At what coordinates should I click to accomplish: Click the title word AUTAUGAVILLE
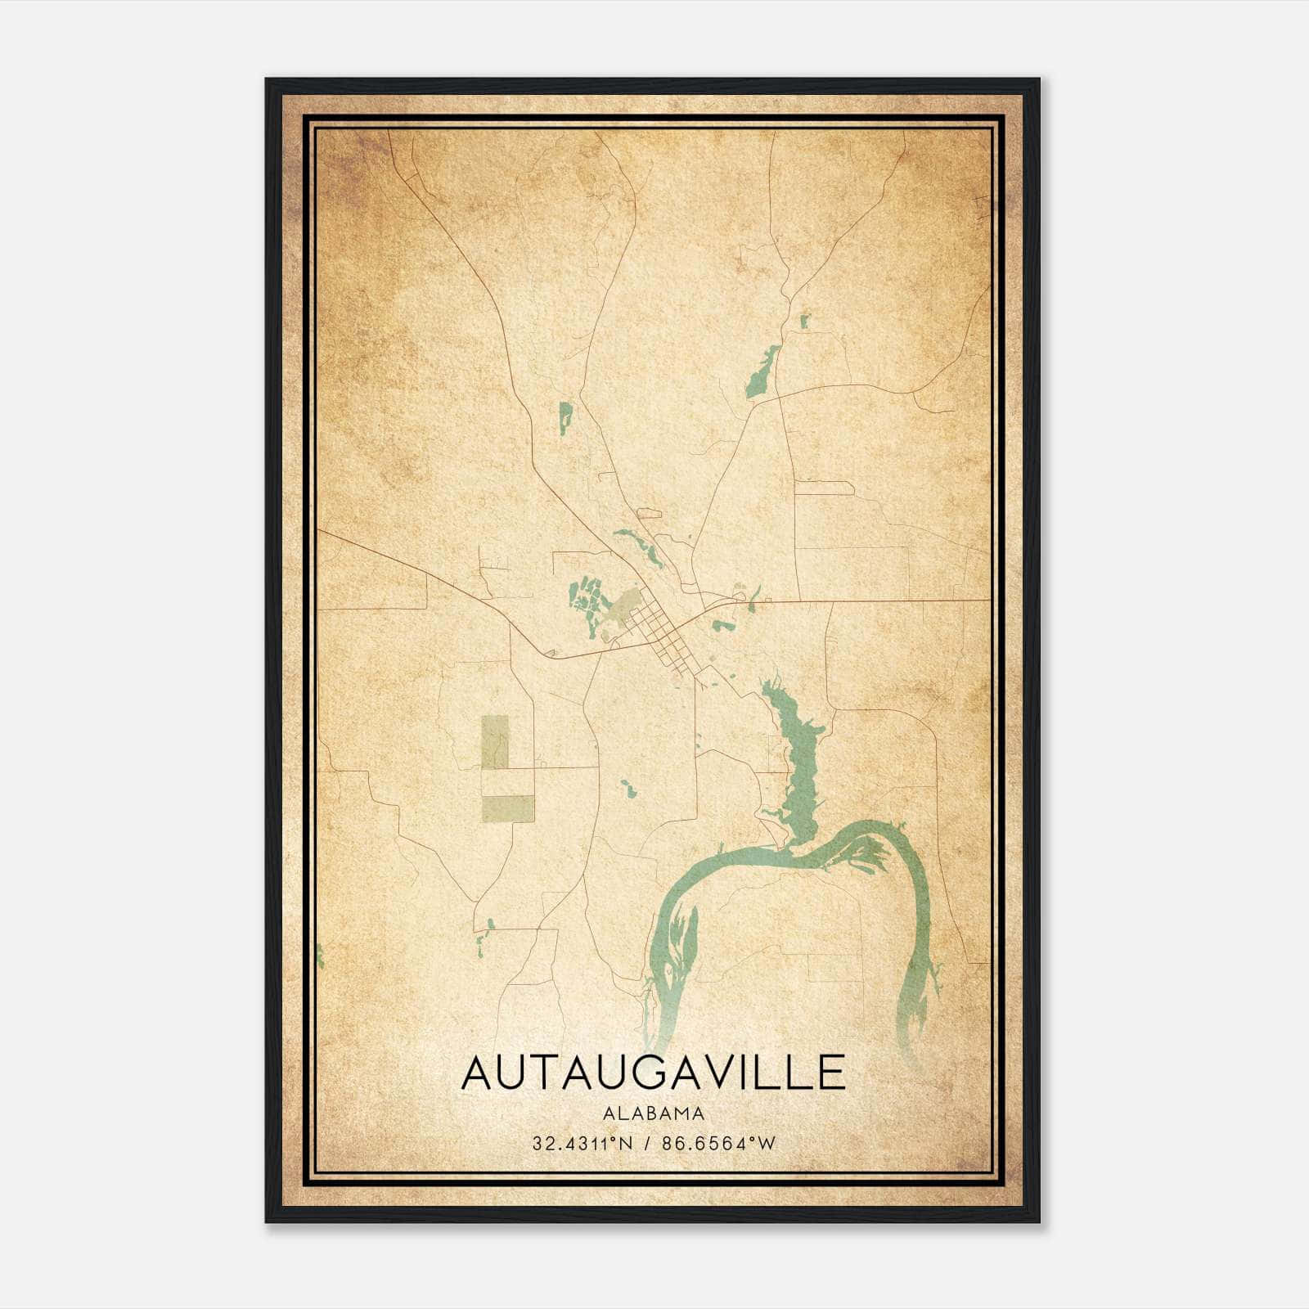653,1073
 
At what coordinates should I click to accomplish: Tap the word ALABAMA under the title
653,1113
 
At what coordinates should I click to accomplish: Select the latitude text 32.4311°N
582,1144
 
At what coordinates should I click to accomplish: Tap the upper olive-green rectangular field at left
494,741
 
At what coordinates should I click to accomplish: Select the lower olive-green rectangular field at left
507,807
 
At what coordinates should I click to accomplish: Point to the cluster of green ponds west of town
586,601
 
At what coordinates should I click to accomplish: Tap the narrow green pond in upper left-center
565,417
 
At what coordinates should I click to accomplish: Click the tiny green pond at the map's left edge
320,955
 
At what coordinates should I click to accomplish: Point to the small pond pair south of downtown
628,789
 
